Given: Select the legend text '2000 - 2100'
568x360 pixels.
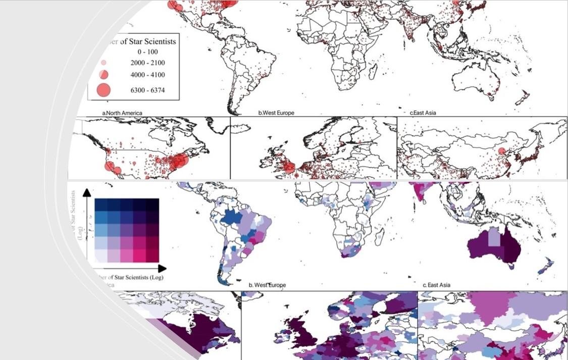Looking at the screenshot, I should (147, 63).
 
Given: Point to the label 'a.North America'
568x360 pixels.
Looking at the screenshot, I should (122, 113).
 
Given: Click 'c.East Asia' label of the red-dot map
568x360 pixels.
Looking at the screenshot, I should (423, 113).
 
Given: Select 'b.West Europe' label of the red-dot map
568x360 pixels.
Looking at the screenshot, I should (276, 113).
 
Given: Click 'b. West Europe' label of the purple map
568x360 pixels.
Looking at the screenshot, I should (267, 285).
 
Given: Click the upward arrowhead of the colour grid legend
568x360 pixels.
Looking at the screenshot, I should (86, 192).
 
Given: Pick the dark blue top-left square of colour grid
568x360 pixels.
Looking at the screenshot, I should (101, 204).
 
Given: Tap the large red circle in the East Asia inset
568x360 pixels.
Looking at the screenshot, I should (501, 151).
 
